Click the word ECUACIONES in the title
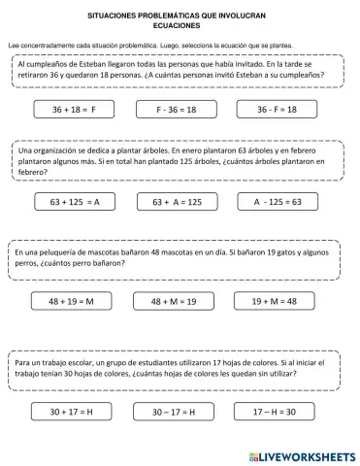coord(181,27)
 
